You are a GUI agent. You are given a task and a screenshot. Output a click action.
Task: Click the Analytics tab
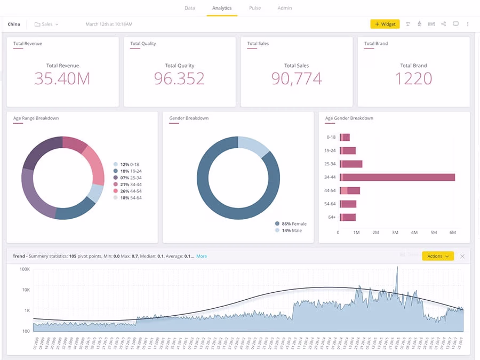point(222,8)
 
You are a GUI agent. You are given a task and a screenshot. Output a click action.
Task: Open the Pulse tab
point(254,8)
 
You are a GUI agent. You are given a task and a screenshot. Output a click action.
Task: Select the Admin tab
point(285,8)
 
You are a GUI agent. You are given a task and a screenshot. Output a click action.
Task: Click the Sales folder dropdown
point(47,24)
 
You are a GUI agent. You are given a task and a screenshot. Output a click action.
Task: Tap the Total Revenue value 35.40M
point(62,78)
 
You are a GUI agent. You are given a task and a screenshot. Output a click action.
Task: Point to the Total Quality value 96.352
point(179,78)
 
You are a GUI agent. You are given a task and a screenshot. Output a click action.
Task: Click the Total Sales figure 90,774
point(297,78)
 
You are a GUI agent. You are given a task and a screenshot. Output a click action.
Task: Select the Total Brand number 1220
point(413,78)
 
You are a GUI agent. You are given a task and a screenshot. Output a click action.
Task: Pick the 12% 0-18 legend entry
point(130,164)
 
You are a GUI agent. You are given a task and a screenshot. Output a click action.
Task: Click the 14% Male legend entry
point(291,230)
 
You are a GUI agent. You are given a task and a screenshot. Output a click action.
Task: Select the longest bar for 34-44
point(397,177)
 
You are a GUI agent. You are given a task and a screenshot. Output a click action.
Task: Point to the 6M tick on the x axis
point(453,233)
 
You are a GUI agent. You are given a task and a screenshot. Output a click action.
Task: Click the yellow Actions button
point(437,256)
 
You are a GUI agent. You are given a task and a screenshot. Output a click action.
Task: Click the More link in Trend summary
point(202,256)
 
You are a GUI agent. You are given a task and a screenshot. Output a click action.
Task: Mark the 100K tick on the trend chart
point(25,269)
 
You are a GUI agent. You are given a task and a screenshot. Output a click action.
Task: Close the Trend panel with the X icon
point(462,256)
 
